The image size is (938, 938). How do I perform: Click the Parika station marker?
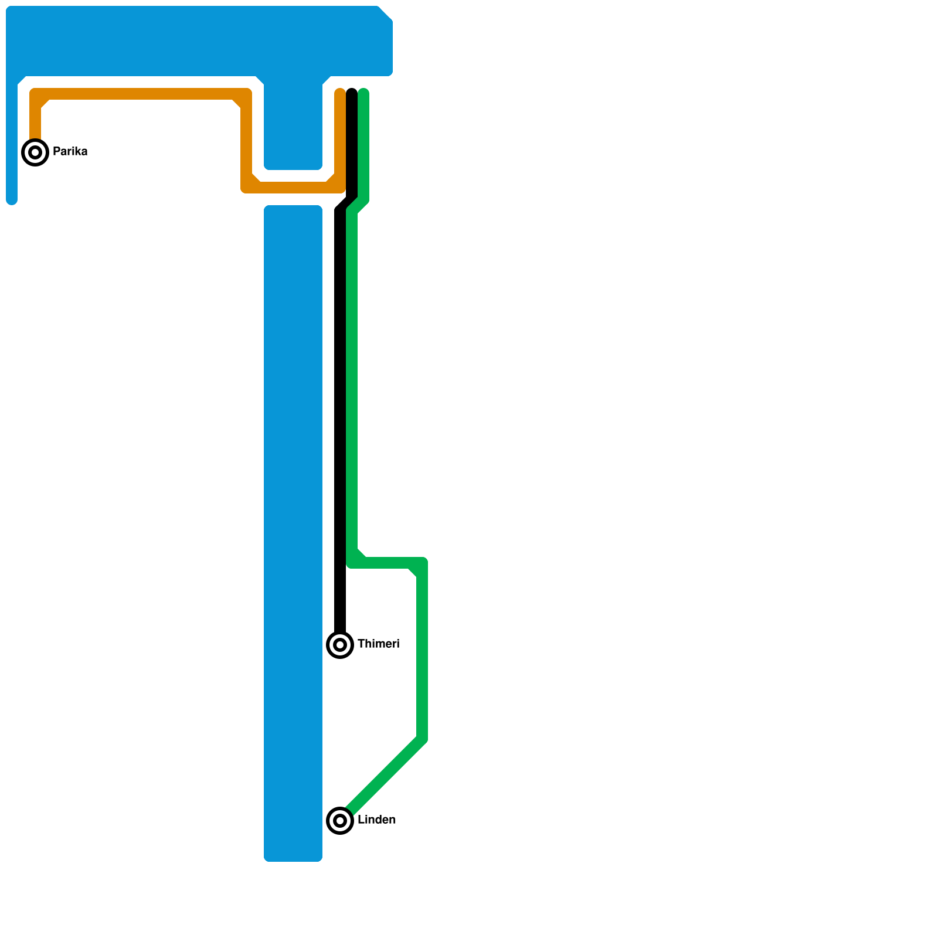click(x=35, y=152)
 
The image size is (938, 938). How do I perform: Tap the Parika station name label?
click(x=70, y=151)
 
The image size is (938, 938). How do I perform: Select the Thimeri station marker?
click(x=340, y=645)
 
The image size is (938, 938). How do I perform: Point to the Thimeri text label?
click(x=378, y=644)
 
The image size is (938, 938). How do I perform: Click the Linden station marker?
click(x=340, y=820)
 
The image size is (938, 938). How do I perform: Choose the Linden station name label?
click(x=376, y=820)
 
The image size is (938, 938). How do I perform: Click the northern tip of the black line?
click(x=352, y=91)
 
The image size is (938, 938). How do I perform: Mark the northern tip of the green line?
click(x=363, y=91)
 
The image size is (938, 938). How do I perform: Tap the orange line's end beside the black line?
click(x=340, y=91)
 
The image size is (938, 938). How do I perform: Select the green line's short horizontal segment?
click(x=387, y=563)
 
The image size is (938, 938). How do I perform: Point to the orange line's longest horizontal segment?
click(x=141, y=94)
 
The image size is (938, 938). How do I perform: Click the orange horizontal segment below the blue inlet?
click(x=293, y=188)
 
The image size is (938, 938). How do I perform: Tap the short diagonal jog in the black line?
click(x=346, y=204)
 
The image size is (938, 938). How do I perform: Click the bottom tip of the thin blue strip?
click(x=12, y=202)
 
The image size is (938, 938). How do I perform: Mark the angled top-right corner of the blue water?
click(x=386, y=13)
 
